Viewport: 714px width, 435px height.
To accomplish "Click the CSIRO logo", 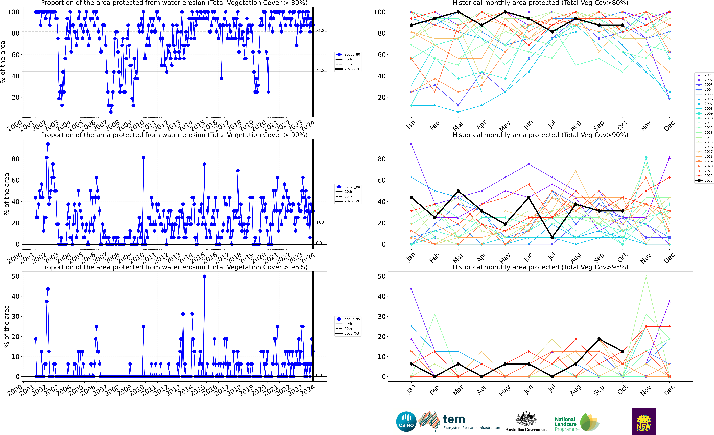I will point(406,421).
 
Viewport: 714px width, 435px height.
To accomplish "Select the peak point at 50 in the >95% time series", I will point(204,276).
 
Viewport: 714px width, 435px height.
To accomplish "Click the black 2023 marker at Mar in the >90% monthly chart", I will point(458,191).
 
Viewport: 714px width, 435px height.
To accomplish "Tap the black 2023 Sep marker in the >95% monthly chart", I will point(599,339).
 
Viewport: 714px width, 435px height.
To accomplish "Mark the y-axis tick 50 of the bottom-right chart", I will point(382,276).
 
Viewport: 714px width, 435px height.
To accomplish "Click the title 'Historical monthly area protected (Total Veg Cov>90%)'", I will point(540,135).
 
